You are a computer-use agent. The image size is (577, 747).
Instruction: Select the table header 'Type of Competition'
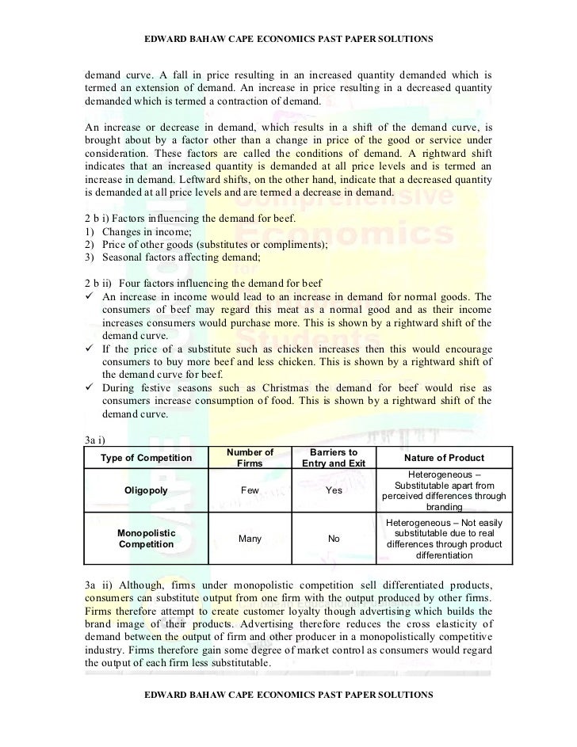point(146,459)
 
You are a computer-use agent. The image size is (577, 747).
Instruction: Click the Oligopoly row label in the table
point(146,490)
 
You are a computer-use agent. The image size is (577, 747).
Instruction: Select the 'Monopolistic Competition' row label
point(146,539)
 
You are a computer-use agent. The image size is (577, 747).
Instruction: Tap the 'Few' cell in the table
point(250,490)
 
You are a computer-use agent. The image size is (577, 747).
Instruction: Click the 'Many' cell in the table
point(250,539)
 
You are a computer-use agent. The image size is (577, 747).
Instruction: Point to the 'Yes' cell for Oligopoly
point(333,490)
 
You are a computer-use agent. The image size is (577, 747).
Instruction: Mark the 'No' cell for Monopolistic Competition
point(333,539)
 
